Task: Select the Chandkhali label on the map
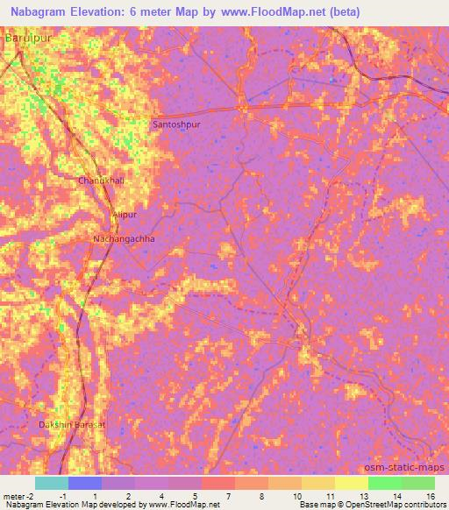[x=102, y=181]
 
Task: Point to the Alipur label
[x=125, y=215]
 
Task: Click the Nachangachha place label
[x=124, y=238]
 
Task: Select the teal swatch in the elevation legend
[x=51, y=483]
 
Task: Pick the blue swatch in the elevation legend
[x=84, y=483]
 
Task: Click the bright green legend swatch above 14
[x=384, y=483]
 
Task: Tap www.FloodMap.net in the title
[x=278, y=11]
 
